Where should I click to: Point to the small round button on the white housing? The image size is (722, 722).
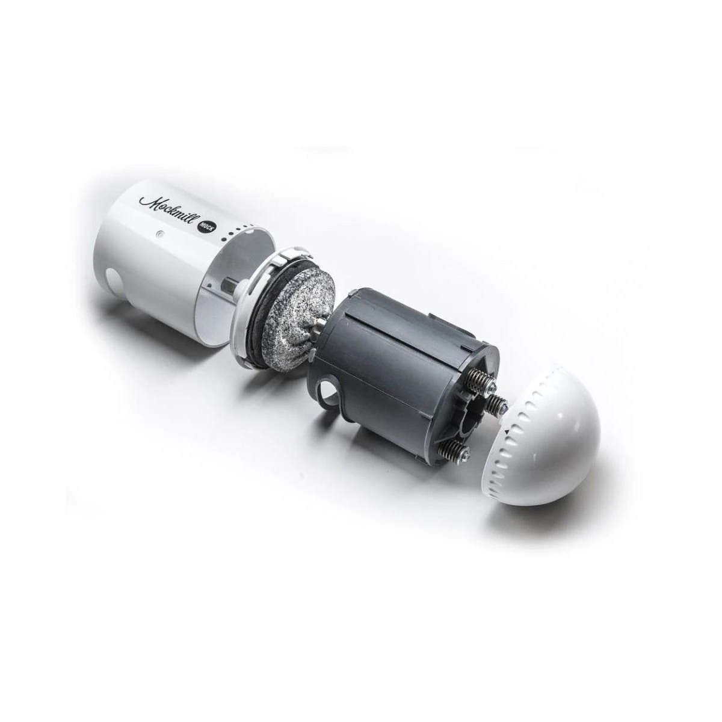tap(160, 234)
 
